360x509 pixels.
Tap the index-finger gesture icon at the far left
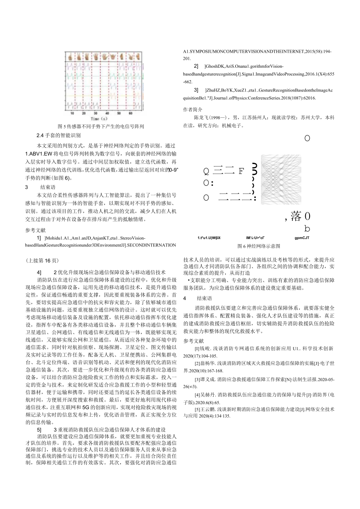71,56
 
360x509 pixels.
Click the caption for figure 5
101,126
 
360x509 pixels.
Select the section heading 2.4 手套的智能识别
58,135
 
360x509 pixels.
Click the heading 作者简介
193,109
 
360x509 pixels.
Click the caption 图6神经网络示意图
259,246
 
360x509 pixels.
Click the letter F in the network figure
241,171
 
